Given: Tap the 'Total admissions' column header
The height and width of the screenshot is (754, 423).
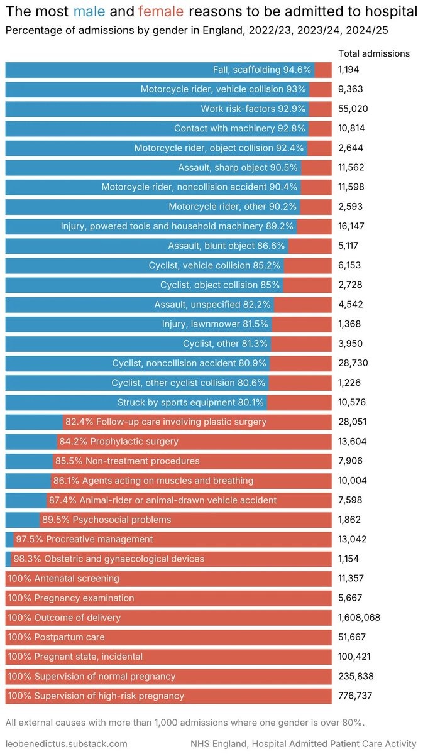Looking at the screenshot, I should pyautogui.click(x=373, y=53).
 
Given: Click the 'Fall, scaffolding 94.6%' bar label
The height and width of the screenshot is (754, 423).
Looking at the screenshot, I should pyautogui.click(x=262, y=70).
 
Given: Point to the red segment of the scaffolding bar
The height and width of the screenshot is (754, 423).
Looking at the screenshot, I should pyautogui.click(x=323, y=70).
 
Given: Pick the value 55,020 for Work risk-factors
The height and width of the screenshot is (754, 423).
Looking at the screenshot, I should pyautogui.click(x=353, y=109).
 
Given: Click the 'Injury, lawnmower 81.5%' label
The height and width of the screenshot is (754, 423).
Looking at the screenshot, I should pyautogui.click(x=215, y=324).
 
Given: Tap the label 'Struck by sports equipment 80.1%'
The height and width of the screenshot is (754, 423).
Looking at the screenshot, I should pyautogui.click(x=191, y=402).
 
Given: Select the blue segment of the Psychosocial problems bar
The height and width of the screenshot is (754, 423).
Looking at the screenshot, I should pyautogui.click(x=22, y=520).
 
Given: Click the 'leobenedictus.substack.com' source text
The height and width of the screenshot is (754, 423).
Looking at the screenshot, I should pyautogui.click(x=66, y=743).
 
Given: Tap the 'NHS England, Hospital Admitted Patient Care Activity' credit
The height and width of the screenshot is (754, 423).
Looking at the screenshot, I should pyautogui.click(x=303, y=743).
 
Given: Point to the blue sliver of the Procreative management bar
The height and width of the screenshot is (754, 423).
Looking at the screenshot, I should pyautogui.click(x=9, y=539).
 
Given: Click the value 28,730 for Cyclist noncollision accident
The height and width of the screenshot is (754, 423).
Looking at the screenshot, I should pyautogui.click(x=353, y=363).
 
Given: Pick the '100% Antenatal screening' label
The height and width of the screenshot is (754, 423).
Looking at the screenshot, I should pyautogui.click(x=63, y=578).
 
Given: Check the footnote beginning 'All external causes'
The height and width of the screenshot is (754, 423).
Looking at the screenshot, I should pyautogui.click(x=184, y=722).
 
